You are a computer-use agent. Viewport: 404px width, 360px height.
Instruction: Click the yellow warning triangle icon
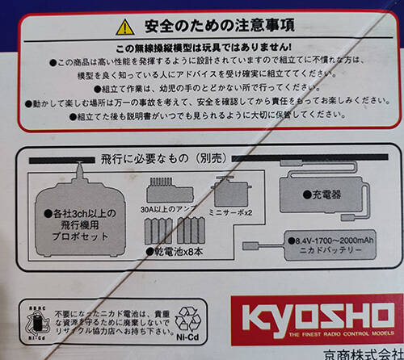[124, 27]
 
